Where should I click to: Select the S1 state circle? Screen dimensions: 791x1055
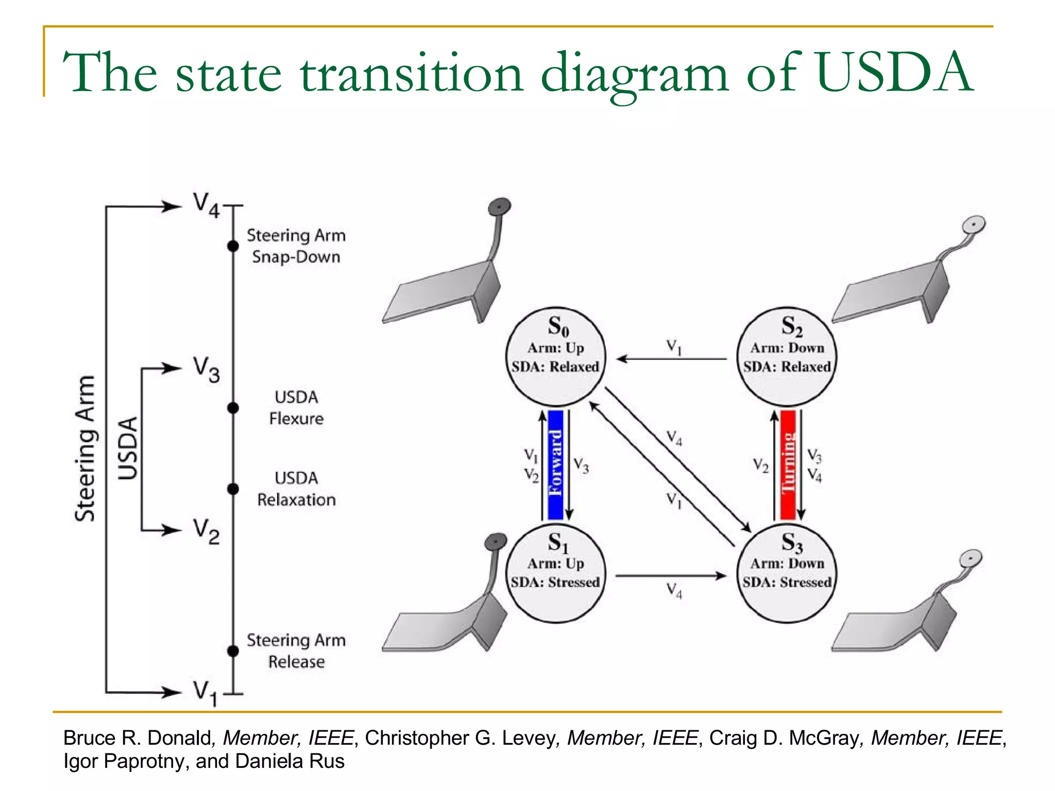555,573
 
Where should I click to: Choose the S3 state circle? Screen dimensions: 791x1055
787,573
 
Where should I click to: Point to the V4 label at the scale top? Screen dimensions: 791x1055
207,205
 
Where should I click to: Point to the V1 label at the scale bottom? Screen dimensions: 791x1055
205,693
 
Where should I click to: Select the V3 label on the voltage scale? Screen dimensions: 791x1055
207,369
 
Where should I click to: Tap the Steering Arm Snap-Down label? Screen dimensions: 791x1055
296,246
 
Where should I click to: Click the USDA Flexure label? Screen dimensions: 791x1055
296,408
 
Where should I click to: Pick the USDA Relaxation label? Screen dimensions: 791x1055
296,489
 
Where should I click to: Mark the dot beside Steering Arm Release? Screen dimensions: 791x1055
233,651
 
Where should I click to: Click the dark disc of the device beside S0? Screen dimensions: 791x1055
499,207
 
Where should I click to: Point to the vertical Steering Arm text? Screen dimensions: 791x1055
85,448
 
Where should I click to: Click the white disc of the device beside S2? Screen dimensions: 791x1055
974,225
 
